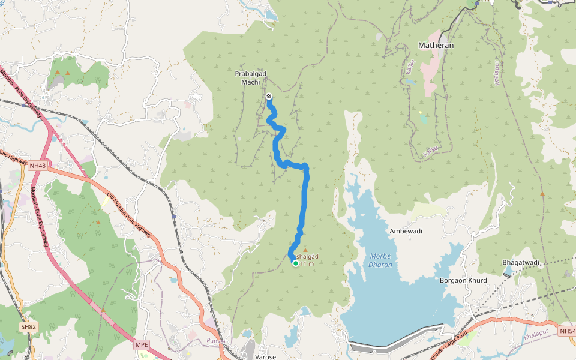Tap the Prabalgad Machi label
(250, 77)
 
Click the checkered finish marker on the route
(269, 97)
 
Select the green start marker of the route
(295, 263)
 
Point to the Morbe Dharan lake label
(380, 260)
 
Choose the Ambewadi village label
(406, 231)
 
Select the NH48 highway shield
(37, 165)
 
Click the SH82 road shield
(28, 326)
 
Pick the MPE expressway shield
(141, 344)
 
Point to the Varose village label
(265, 356)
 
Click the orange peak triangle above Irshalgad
(305, 250)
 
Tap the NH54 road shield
(566, 331)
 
